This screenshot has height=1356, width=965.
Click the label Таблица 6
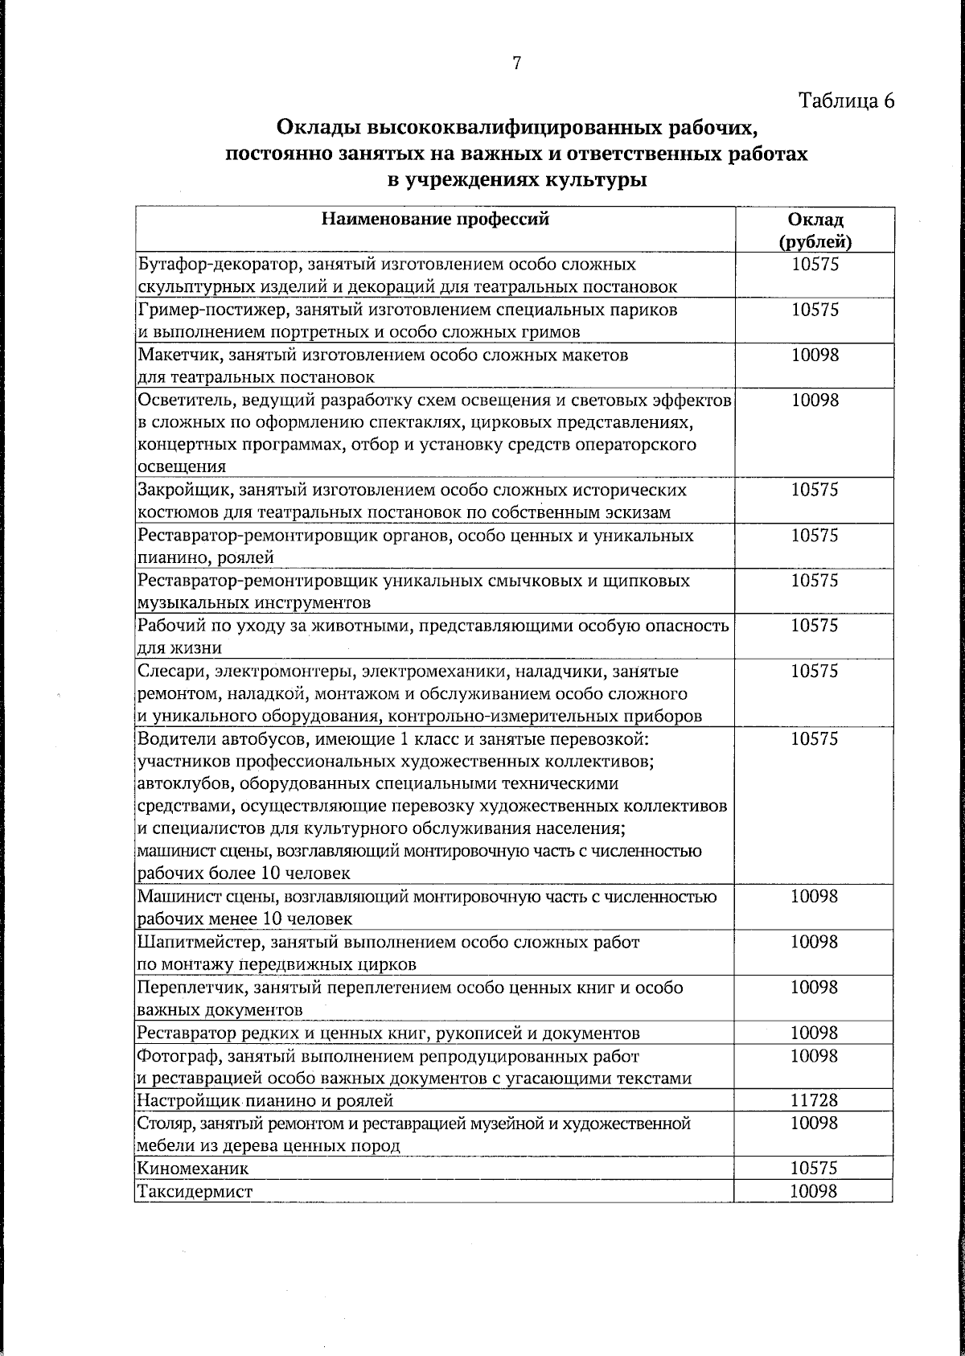[846, 101]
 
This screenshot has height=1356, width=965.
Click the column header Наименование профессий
[435, 219]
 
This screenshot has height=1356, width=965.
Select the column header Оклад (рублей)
[815, 230]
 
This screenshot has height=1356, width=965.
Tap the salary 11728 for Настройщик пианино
[815, 1100]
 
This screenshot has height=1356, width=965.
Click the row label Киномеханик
[194, 1168]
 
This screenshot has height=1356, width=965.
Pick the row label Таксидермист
[195, 1191]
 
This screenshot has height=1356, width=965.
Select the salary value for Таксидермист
[815, 1191]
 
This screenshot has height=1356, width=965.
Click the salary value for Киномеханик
[815, 1168]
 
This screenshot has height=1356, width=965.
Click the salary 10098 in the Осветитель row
[815, 400]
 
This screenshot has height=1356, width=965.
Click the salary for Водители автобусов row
[815, 738]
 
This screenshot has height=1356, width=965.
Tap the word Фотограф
[173, 1055]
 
